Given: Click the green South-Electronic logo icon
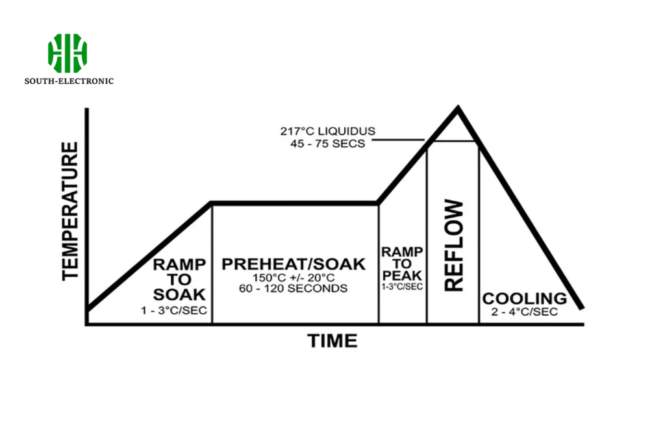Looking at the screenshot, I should pos(67,53).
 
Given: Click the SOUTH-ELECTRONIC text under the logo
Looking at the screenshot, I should pos(69,81).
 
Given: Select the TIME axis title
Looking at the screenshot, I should pos(332,340).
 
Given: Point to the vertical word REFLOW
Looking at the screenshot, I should pos(455,246).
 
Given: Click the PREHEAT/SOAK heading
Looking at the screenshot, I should pos(294,264).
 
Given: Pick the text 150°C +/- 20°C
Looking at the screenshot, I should pos(294,277).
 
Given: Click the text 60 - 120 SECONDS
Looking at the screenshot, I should pos(294,288).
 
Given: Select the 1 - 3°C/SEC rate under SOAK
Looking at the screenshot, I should pos(174,311).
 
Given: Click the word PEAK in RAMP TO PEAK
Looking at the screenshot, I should pos(402,276).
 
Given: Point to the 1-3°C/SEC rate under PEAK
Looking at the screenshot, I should pos(402,287).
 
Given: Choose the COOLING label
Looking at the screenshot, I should pos(524,299).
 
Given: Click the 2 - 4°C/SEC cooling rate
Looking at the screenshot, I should pos(525,312).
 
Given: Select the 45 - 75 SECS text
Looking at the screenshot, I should pos(327,144).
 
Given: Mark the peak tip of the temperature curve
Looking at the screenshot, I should pos(458,108).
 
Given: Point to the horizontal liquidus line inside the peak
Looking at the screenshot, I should pos(453,140).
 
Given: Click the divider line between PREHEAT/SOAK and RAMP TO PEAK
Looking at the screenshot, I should pos(379,273).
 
